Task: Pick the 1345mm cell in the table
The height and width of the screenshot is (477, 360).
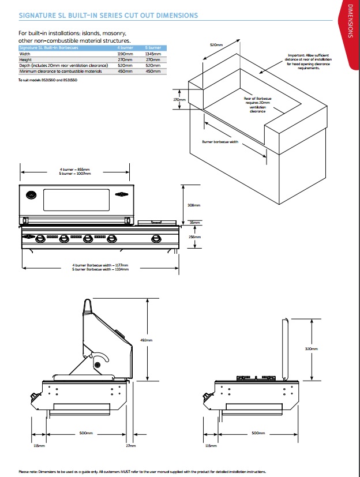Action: coord(152,54)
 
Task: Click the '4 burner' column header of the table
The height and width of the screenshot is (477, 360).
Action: coord(125,48)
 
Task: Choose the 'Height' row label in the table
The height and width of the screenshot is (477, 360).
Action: coord(25,59)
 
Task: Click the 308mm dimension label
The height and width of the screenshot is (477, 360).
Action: coord(194,205)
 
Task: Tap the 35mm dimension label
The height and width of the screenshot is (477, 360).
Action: coord(196,223)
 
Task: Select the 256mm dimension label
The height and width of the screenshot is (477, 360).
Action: coord(195,236)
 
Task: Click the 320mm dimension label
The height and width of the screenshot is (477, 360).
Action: coord(311,349)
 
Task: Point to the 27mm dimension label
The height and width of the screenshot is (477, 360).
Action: coord(131,445)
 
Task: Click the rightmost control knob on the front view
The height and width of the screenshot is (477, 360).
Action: coord(155,239)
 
